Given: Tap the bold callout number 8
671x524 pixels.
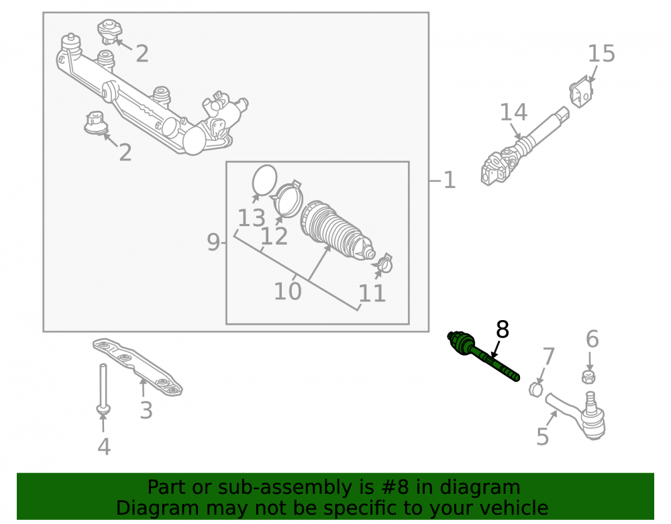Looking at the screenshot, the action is tap(503, 330).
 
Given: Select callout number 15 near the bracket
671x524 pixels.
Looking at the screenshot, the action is tap(601, 54).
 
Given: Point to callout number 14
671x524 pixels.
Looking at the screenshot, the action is tap(513, 113).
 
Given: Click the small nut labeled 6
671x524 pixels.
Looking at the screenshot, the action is tap(589, 376).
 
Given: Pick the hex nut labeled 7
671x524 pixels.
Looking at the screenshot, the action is tap(535, 389).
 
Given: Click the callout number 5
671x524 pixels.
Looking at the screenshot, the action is tap(543, 437).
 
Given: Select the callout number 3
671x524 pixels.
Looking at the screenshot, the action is tap(146, 410).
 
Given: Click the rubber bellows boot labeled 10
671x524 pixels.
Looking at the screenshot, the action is tap(336, 230).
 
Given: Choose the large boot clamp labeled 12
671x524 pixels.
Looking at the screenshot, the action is tap(287, 199).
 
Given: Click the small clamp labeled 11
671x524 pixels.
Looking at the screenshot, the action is tap(383, 264).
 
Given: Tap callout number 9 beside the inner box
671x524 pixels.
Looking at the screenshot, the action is tap(213, 242).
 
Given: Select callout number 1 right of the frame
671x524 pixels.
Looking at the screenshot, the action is tap(450, 180).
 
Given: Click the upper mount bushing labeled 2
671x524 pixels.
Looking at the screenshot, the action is tap(110, 32).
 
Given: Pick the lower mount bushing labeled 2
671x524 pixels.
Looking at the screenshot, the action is tap(95, 123).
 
